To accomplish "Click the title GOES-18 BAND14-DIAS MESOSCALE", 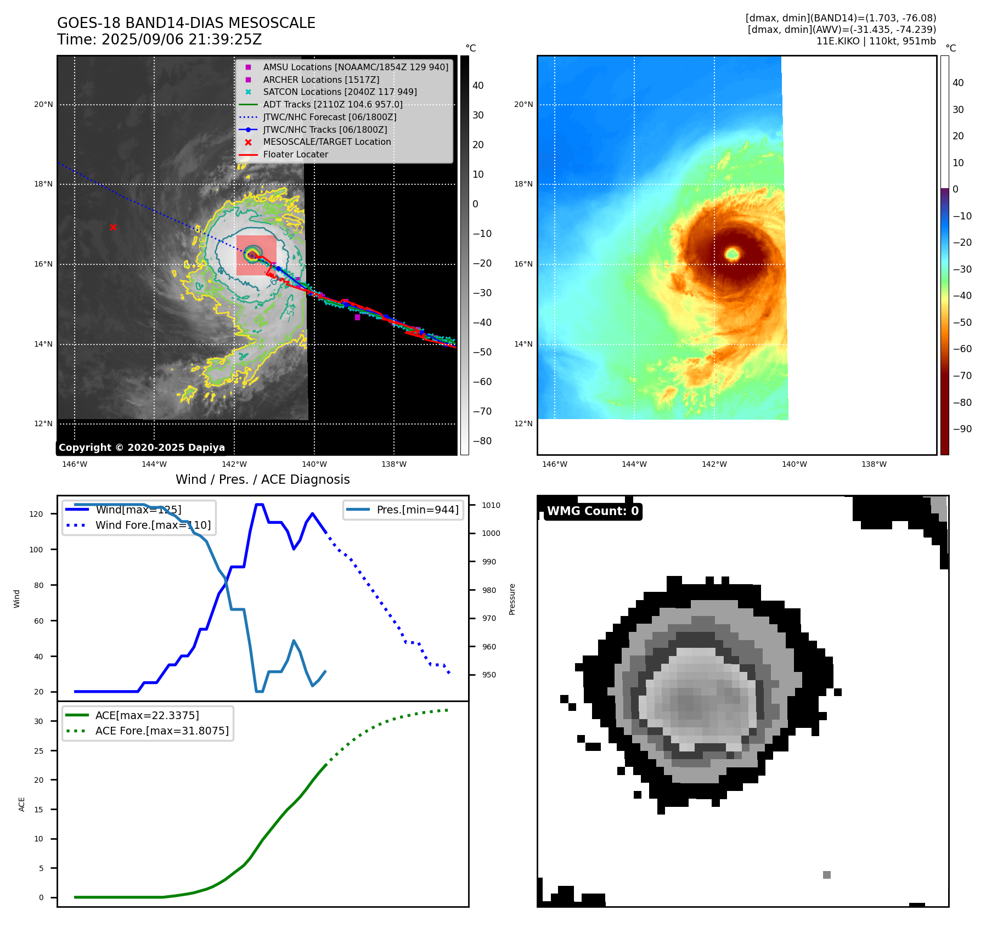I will (186, 23).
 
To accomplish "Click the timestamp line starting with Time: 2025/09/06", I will (159, 39).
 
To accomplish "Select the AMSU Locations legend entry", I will (355, 67).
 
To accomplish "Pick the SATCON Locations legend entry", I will (340, 92).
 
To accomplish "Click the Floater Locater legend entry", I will (295, 154).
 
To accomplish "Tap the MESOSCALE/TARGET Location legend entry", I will (326, 142).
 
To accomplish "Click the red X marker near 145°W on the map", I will (113, 227).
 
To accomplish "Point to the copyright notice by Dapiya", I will (142, 448).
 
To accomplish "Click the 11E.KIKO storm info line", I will (876, 41).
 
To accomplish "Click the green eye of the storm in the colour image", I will (732, 253).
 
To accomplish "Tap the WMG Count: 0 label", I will (593, 511).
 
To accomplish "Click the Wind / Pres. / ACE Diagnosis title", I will (262, 479).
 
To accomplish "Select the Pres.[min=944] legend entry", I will (417, 510).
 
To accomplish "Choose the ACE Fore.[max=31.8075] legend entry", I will (161, 731).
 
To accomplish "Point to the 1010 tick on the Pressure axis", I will (491, 505).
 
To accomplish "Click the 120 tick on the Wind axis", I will (36, 514).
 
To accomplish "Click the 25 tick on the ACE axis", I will (38, 751).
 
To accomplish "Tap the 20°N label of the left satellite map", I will (43, 104).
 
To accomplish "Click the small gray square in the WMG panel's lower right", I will (826, 875).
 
